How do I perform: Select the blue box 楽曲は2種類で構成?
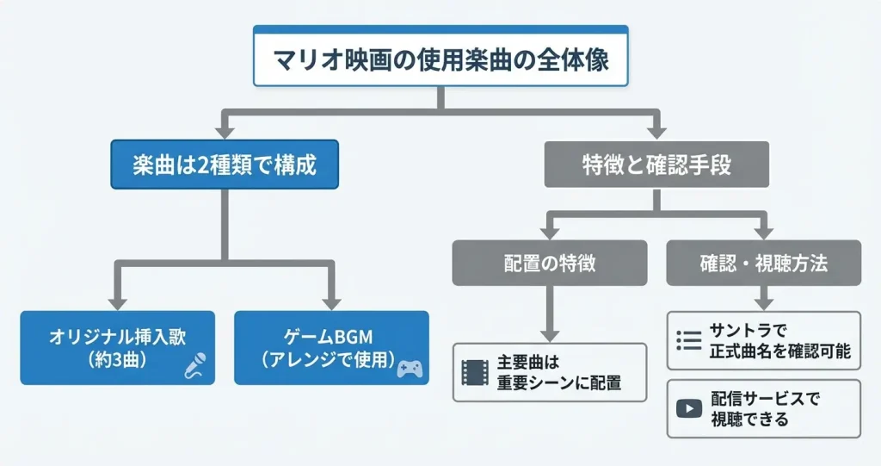(x=225, y=165)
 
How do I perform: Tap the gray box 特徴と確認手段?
(x=656, y=165)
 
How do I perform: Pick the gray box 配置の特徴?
(x=549, y=264)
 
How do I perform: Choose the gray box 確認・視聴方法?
(x=763, y=264)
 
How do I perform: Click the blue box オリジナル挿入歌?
(x=116, y=347)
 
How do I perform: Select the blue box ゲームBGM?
(x=331, y=347)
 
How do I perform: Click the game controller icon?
(x=410, y=370)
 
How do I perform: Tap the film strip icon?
(x=475, y=372)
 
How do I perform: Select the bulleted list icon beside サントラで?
(x=689, y=341)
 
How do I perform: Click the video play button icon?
(x=689, y=408)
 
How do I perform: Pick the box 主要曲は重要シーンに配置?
(x=549, y=372)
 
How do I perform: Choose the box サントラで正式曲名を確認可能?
(x=763, y=341)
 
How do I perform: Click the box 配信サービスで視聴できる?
(x=763, y=408)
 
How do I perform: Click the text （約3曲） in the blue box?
(x=117, y=358)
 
